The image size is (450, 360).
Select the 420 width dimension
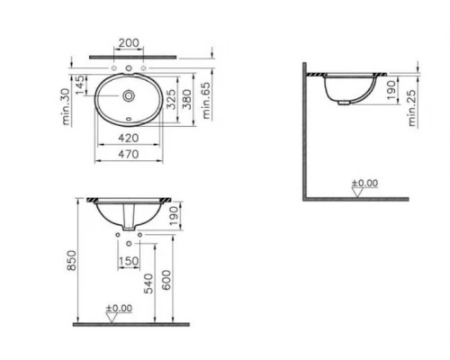click(130, 139)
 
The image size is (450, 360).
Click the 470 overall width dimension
click(130, 154)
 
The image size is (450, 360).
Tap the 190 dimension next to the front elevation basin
click(174, 217)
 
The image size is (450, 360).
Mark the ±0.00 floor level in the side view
click(365, 184)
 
